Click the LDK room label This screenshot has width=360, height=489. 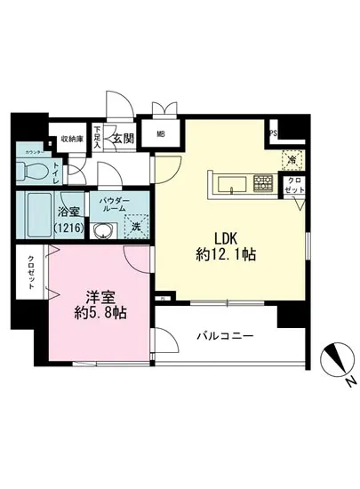pyautogui.click(x=224, y=237)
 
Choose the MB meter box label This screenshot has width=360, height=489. pyautogui.click(x=163, y=135)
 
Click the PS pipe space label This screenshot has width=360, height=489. pyautogui.click(x=273, y=135)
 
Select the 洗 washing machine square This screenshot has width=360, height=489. pyautogui.click(x=137, y=227)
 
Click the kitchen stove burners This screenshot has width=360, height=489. pyautogui.click(x=263, y=184)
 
